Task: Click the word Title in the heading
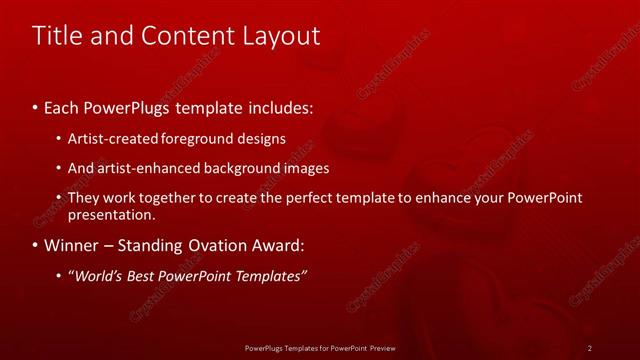[57, 36]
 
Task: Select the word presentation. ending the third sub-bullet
[111, 214]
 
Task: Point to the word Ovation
[205, 245]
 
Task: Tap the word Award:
[270, 245]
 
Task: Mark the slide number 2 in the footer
[591, 347]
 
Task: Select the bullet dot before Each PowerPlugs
[37, 106]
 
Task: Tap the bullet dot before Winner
[37, 246]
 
